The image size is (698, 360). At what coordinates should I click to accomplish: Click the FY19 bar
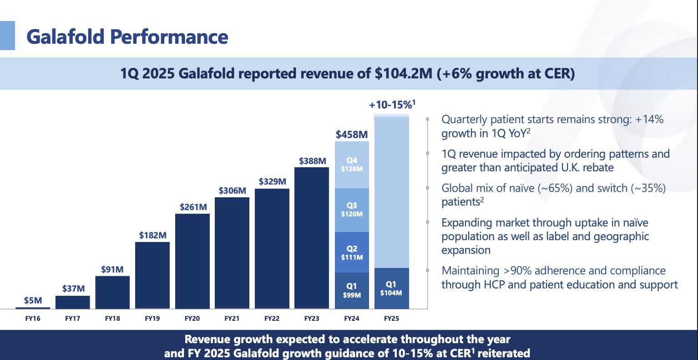pos(152,275)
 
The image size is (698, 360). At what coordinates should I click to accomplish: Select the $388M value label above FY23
pos(312,161)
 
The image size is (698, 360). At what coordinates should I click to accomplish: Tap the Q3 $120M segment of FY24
pos(352,210)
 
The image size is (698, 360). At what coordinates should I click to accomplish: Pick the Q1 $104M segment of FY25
pos(391,288)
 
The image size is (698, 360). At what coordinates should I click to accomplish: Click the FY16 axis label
pos(32,319)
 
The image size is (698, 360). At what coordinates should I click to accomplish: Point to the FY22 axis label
pos(272,319)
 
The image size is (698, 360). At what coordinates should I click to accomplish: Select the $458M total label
pos(351,135)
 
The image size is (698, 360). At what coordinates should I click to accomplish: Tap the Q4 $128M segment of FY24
pos(352,165)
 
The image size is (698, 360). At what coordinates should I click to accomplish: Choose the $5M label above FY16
pos(33,300)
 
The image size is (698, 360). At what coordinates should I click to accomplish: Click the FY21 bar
pos(232,253)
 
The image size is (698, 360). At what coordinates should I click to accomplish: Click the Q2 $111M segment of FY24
pos(352,252)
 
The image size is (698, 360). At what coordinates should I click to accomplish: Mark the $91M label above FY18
pos(112,269)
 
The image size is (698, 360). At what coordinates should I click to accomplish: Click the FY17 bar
pos(72,302)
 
